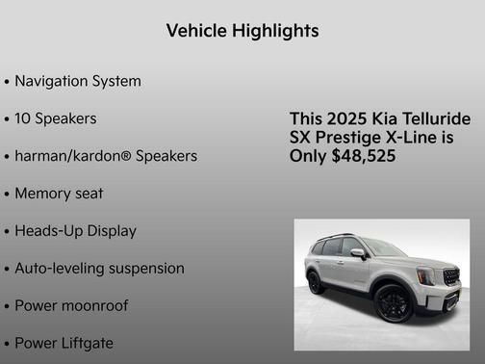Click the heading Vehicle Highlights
tap(242, 31)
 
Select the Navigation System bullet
tap(77, 81)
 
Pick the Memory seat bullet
tap(59, 193)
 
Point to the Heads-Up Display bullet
tap(75, 231)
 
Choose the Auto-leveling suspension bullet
tap(99, 268)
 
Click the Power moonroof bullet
tap(71, 306)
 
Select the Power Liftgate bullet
tap(64, 343)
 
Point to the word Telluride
tap(435, 118)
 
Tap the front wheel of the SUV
tap(395, 302)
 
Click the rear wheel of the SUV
tap(315, 282)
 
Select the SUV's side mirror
tap(358, 253)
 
